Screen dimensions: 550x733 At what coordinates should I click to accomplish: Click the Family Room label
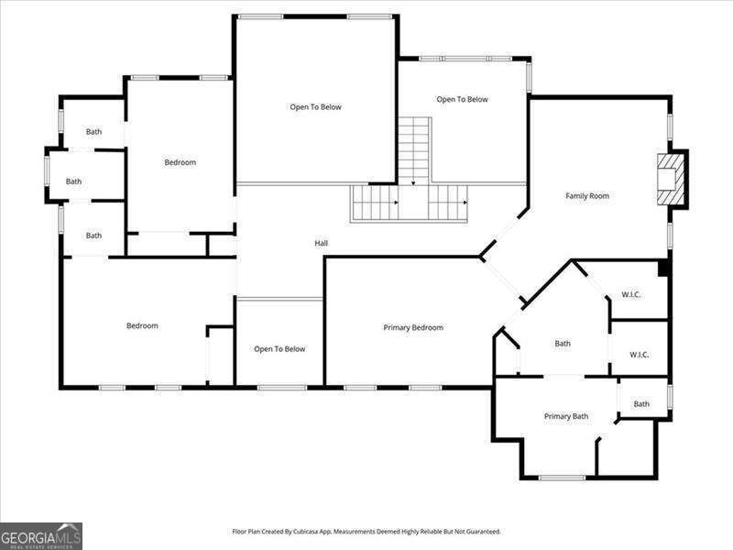(587, 196)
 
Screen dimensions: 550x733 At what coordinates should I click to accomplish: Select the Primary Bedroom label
(413, 327)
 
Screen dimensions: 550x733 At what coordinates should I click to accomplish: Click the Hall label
(322, 243)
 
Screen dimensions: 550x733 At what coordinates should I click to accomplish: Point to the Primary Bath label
(566, 416)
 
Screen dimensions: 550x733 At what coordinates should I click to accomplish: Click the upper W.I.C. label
(630, 294)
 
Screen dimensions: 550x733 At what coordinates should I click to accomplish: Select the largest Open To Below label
(315, 107)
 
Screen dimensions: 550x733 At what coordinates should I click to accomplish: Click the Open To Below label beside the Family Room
(462, 99)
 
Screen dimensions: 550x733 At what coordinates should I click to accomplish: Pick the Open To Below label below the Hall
(279, 348)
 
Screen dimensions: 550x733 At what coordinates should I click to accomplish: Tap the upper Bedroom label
(180, 162)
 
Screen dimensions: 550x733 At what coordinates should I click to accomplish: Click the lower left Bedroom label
(142, 325)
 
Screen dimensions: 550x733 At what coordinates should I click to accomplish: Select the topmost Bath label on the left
(93, 132)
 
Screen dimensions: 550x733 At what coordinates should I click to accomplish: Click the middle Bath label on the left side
(73, 181)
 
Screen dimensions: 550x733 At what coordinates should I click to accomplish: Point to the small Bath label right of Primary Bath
(641, 404)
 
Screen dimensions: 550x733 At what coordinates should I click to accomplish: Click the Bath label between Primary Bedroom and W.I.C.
(563, 344)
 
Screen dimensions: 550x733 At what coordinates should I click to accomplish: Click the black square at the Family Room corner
(663, 268)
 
